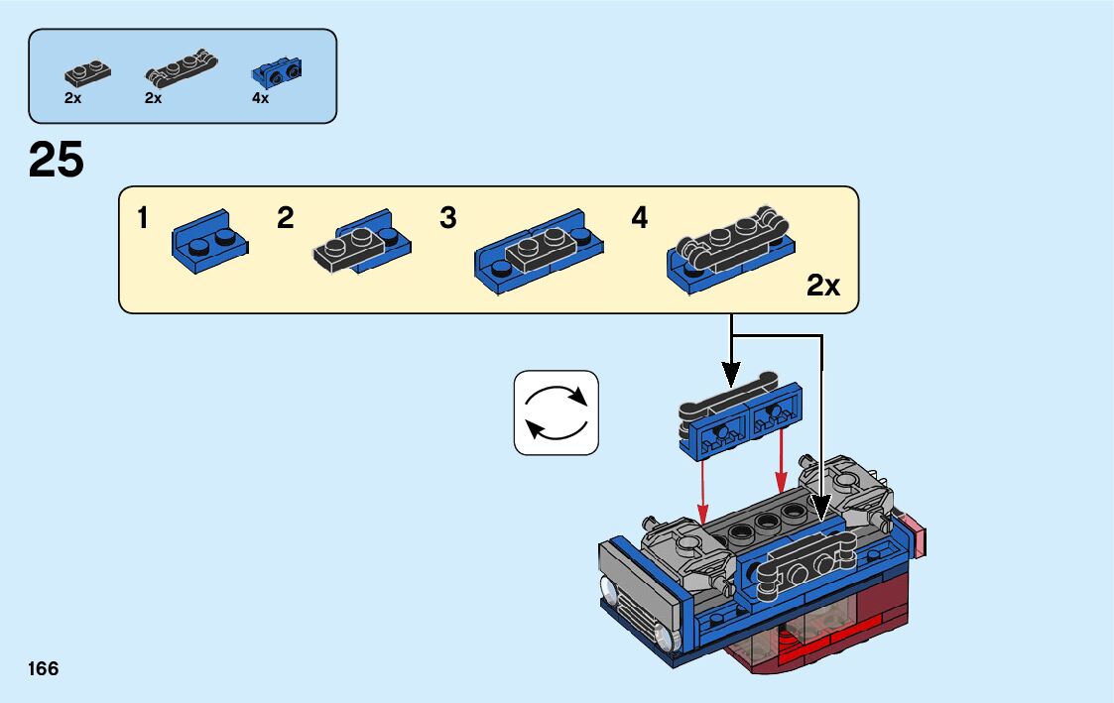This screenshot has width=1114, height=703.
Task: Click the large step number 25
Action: pyautogui.click(x=57, y=160)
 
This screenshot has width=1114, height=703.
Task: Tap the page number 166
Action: pyautogui.click(x=44, y=668)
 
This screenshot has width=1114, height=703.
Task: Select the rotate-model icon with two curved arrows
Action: pyautogui.click(x=557, y=412)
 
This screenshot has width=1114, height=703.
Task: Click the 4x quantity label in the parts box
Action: pyautogui.click(x=261, y=98)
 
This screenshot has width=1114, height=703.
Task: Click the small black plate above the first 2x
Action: pyautogui.click(x=86, y=73)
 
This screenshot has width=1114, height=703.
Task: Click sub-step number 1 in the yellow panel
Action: pyautogui.click(x=143, y=218)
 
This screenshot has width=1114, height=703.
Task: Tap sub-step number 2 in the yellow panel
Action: pyautogui.click(x=286, y=218)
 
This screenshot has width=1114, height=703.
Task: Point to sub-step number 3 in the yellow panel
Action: pyautogui.click(x=448, y=218)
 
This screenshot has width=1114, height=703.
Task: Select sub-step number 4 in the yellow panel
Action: pyautogui.click(x=640, y=218)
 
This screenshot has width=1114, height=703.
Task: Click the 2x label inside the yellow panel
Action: pyautogui.click(x=822, y=287)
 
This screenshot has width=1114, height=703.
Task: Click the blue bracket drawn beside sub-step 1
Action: pyautogui.click(x=209, y=240)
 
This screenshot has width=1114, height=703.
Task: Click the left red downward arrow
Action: pyautogui.click(x=702, y=492)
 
